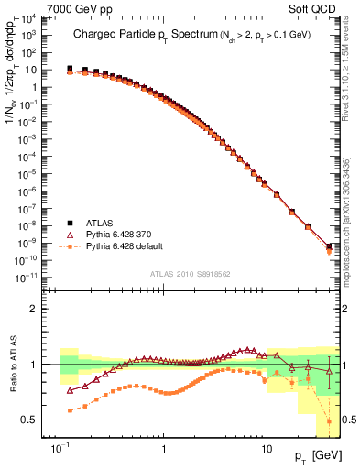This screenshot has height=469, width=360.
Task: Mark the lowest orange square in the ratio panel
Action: [329, 420]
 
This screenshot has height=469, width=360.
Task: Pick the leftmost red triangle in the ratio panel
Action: [71, 389]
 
